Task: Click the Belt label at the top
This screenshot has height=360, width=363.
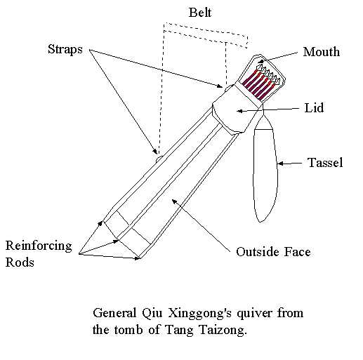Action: [200, 13]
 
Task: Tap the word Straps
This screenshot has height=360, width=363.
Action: [65, 50]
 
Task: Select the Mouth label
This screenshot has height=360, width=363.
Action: [322, 52]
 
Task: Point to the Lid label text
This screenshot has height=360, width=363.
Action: [314, 108]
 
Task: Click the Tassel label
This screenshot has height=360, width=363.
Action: [325, 163]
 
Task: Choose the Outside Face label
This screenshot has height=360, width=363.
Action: [273, 252]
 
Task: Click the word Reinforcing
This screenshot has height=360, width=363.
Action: [39, 246]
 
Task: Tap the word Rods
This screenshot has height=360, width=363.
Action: [20, 262]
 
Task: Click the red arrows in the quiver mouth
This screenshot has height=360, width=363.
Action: [260, 84]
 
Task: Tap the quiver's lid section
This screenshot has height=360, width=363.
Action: [237, 111]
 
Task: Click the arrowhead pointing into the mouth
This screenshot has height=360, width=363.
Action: [260, 62]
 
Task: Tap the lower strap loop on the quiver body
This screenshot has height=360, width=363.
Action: [159, 159]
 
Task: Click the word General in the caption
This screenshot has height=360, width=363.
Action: [114, 314]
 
